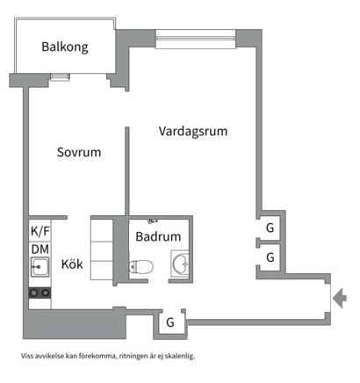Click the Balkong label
click(65, 47)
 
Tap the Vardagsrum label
click(193, 131)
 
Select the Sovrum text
click(79, 152)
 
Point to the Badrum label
click(158, 236)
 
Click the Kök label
click(72, 264)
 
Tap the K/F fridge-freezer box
click(40, 231)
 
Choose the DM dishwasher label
click(40, 249)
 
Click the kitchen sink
click(40, 267)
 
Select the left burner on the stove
click(34, 293)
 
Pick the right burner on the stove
click(45, 293)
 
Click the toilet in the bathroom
click(141, 266)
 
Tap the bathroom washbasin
click(180, 263)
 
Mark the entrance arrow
click(340, 299)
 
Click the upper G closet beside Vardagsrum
click(270, 228)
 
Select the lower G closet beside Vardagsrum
click(270, 257)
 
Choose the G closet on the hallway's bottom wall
click(170, 322)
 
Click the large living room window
click(196, 39)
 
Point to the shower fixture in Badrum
click(153, 220)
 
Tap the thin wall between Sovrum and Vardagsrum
click(127, 171)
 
